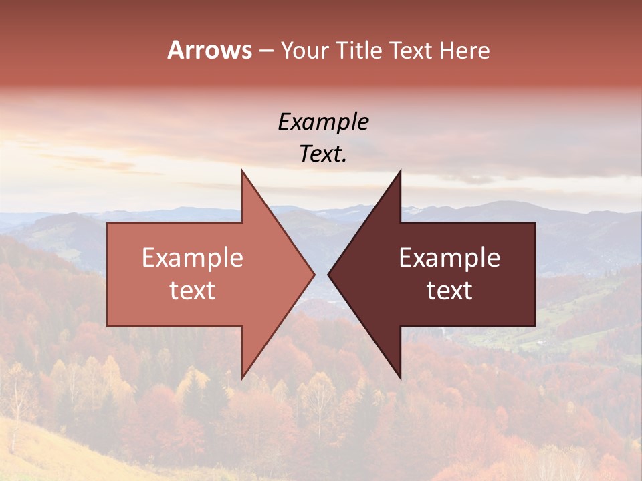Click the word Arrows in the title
209,50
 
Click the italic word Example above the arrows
324,122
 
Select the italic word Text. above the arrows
324,154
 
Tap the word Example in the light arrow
193,258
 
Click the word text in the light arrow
193,291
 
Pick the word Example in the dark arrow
449,258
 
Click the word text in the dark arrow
449,291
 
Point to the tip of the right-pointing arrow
314,274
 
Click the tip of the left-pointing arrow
328,274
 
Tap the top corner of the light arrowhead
242,170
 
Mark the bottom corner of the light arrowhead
242,378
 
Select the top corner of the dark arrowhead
401,170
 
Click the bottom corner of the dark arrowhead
401,378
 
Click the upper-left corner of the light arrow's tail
108,223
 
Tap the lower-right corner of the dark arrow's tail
535,326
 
